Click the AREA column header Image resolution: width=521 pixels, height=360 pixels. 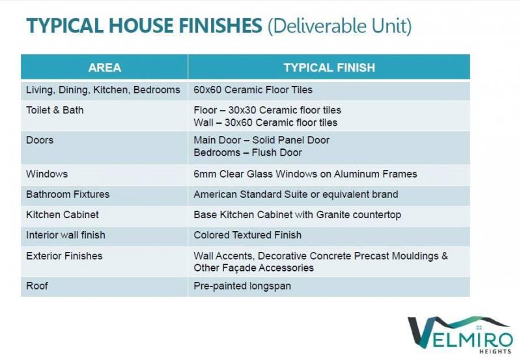coord(105,68)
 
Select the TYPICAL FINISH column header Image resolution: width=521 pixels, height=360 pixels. coord(330,68)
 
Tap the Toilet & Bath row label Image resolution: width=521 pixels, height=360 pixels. coord(55,110)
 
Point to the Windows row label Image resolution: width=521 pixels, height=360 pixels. coord(47,174)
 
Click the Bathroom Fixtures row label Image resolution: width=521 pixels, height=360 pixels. coord(68,194)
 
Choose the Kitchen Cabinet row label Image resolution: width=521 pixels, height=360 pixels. coord(63,215)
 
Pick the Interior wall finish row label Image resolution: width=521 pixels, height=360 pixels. coord(66,235)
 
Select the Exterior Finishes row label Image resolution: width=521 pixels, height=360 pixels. coord(64,256)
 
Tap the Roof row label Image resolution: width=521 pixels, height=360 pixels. coord(37,286)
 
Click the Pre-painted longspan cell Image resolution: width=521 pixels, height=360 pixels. coord(242,286)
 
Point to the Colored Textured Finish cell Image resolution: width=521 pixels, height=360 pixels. coord(247,235)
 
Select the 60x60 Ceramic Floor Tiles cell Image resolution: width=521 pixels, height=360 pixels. coord(253,90)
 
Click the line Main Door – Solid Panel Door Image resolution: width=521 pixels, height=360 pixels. coord(262,140)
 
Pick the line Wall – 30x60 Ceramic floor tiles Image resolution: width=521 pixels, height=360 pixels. coord(266,122)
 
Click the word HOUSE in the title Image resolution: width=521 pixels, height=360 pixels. coord(141,25)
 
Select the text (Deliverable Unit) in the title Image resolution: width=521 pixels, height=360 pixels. coord(339,26)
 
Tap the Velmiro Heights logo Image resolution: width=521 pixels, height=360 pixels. coord(460,335)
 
